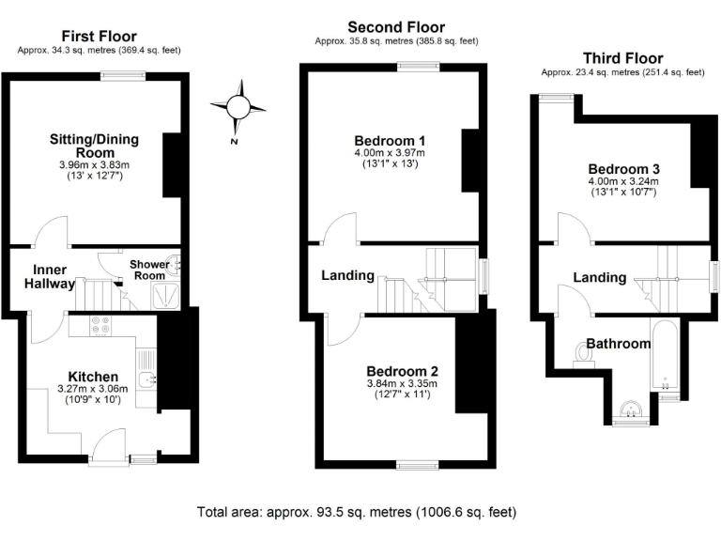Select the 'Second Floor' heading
[396, 27]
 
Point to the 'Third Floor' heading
[622, 58]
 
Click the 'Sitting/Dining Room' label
[94, 146]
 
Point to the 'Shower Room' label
[149, 270]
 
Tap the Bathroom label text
[619, 344]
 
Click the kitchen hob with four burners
[100, 326]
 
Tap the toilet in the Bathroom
[578, 353]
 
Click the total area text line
[356, 512]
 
